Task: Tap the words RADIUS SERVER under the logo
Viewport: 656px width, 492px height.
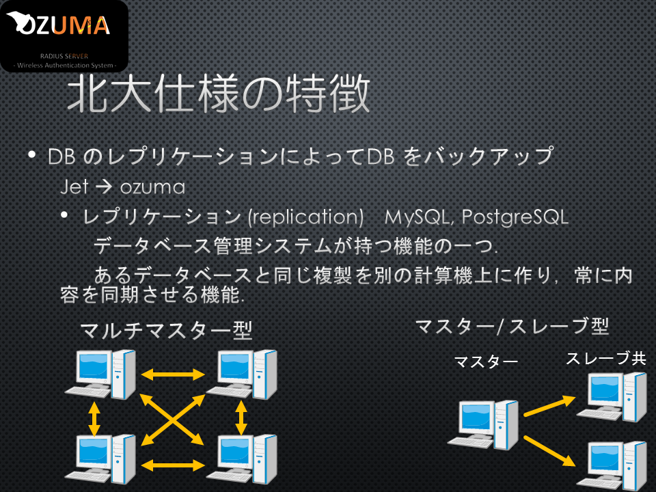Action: click(x=64, y=56)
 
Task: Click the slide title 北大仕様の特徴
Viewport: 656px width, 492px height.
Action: click(x=219, y=94)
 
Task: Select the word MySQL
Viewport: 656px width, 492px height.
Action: click(x=417, y=217)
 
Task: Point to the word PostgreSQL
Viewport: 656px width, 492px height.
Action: click(x=515, y=217)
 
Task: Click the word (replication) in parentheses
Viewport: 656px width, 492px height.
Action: click(x=306, y=217)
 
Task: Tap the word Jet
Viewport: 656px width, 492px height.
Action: click(x=74, y=187)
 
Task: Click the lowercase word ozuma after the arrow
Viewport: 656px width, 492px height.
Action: click(x=152, y=187)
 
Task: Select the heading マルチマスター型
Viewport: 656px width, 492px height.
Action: click(x=166, y=331)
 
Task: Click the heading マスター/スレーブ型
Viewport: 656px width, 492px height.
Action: click(x=512, y=327)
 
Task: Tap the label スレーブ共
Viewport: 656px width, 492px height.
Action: click(x=606, y=359)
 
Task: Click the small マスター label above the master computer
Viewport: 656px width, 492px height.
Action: click(x=486, y=361)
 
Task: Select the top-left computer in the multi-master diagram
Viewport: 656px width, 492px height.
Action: click(x=100, y=374)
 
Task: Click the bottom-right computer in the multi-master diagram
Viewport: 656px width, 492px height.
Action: click(x=242, y=459)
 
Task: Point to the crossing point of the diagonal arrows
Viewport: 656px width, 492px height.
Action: click(x=172, y=420)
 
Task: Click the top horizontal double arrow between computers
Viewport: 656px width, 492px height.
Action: click(x=173, y=374)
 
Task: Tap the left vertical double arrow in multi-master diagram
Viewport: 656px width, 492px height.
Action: click(x=94, y=418)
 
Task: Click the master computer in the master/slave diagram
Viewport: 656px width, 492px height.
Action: click(x=483, y=424)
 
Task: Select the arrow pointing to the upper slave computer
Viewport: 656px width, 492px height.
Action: click(x=549, y=406)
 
